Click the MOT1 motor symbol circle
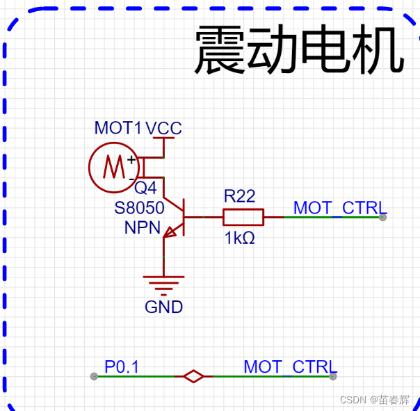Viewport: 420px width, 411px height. pos(111,167)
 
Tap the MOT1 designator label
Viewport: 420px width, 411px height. pos(118,128)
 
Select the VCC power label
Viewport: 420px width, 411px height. pos(164,128)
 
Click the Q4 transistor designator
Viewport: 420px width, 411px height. pos(145,188)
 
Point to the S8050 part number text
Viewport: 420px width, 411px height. pos(139,207)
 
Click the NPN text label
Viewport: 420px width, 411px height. pos(142,227)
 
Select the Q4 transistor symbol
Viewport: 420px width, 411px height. pos(175,218)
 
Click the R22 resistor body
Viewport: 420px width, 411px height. pos(243,217)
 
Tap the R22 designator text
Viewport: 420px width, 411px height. pos(239,197)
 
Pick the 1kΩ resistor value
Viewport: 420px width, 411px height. pos(239,238)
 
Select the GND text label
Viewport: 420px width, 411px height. pos(163,307)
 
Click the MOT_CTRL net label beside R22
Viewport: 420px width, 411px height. pos(339,207)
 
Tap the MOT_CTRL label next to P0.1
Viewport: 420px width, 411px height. pos(289,366)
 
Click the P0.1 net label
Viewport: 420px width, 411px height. pos(122,366)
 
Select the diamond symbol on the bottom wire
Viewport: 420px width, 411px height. pos(193,376)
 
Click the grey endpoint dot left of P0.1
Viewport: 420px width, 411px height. pos(94,376)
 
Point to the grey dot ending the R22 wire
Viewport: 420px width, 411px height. pos(382,217)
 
